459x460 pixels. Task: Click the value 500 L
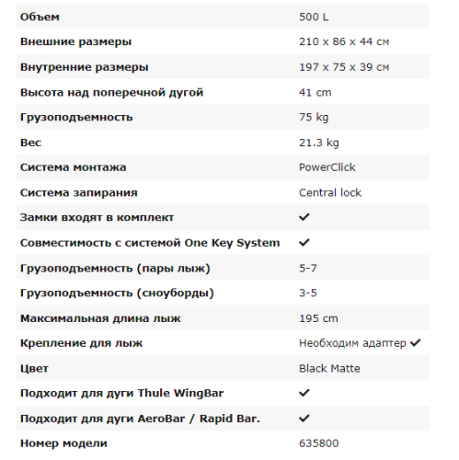coord(314,17)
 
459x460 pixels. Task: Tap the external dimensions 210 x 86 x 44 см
coord(344,42)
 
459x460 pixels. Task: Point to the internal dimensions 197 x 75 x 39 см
coord(344,67)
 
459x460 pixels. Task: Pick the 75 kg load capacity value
coord(314,117)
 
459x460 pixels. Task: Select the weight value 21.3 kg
coord(319,143)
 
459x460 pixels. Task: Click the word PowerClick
coord(327,167)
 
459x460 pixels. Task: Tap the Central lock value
coord(330,192)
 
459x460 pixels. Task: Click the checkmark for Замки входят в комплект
coord(304,217)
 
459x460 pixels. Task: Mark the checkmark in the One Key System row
coord(304,243)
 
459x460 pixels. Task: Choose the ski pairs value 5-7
coord(309,268)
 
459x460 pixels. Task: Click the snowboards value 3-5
coord(309,293)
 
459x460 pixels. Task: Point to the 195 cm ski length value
coord(318,318)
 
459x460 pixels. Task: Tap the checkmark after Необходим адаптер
coord(415,343)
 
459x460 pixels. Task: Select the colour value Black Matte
coord(329,368)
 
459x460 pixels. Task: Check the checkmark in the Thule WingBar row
coord(304,393)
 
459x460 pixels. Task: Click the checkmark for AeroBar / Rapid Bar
coord(304,419)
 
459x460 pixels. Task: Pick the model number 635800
coord(318,443)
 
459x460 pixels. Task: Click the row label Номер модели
coord(63,443)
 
